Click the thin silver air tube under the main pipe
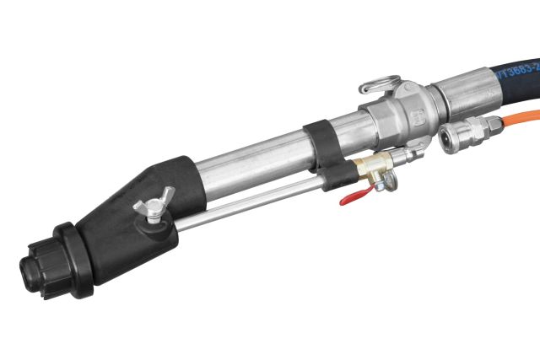[x=245, y=202]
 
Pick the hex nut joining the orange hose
[x=492, y=127]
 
